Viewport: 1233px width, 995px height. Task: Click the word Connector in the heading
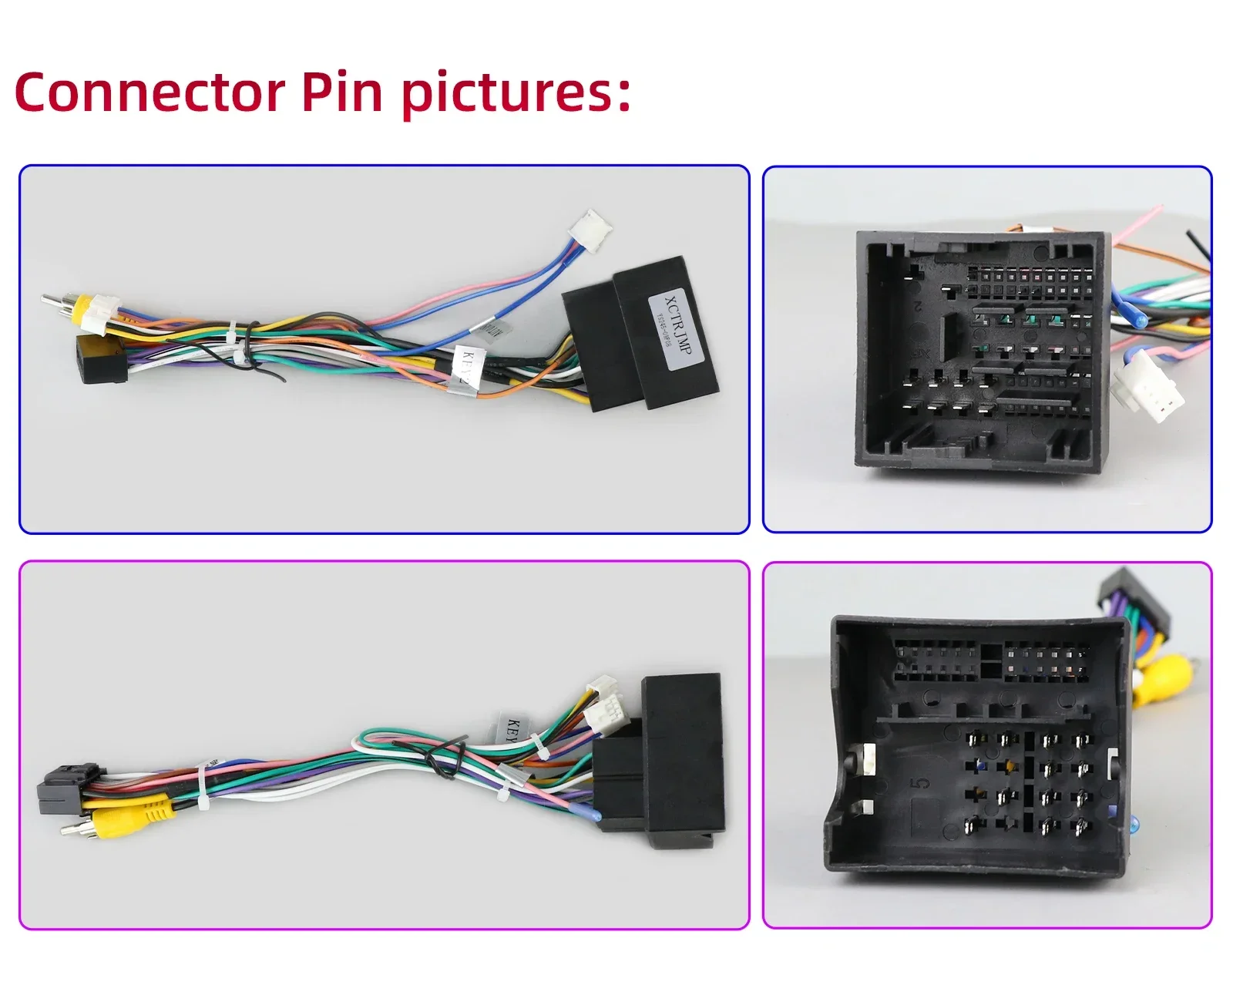click(150, 92)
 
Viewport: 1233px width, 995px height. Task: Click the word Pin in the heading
click(341, 92)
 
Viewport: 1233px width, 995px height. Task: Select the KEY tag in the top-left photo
click(467, 368)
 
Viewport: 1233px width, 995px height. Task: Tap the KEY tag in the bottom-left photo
click(512, 728)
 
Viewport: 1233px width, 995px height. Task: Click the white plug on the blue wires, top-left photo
click(591, 230)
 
